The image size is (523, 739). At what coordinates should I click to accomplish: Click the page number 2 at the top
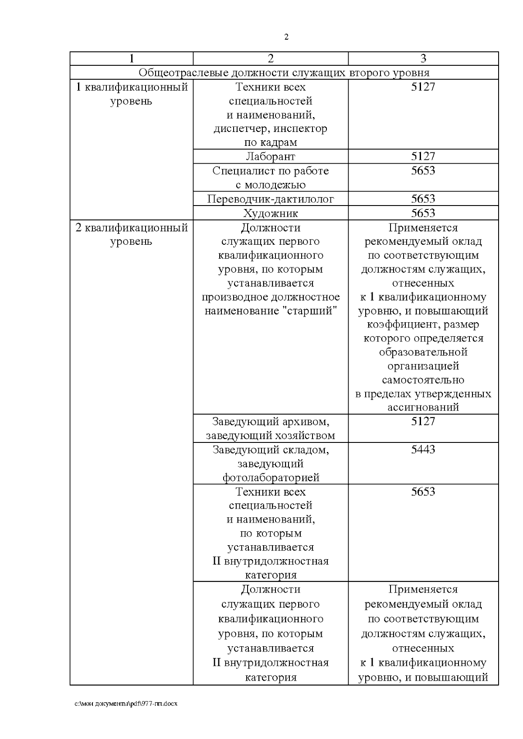(x=286, y=37)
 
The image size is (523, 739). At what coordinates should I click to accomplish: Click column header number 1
(x=131, y=58)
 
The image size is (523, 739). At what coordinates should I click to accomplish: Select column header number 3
(x=423, y=58)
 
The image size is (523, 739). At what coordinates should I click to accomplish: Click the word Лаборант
(x=270, y=156)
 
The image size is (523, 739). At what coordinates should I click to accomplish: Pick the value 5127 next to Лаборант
(x=423, y=156)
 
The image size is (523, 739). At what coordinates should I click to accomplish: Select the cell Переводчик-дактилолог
(x=270, y=199)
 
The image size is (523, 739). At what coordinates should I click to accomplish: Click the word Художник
(x=270, y=213)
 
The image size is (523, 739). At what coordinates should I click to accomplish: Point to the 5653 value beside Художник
(x=423, y=213)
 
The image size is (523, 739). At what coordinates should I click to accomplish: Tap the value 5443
(x=423, y=449)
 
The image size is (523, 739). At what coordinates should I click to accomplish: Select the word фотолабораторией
(x=271, y=478)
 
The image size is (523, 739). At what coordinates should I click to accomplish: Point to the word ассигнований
(x=423, y=408)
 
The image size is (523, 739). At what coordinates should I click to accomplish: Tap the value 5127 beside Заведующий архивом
(x=423, y=421)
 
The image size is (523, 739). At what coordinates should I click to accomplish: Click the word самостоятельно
(x=423, y=380)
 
